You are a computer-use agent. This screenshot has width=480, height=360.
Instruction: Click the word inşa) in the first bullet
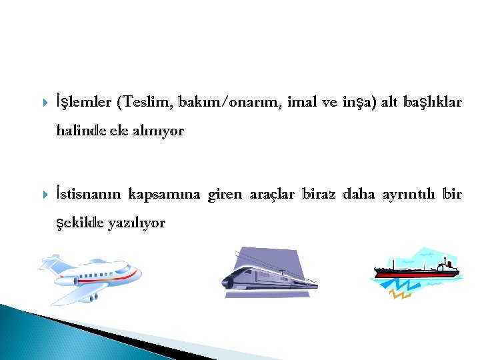point(359,103)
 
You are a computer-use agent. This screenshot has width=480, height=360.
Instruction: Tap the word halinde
point(79,131)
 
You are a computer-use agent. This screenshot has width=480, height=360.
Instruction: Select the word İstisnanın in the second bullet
point(88,194)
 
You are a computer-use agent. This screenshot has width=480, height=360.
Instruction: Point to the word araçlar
point(272,195)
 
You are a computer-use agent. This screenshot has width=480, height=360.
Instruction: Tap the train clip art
point(267,273)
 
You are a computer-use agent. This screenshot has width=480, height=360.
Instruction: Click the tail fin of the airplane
point(50,265)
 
